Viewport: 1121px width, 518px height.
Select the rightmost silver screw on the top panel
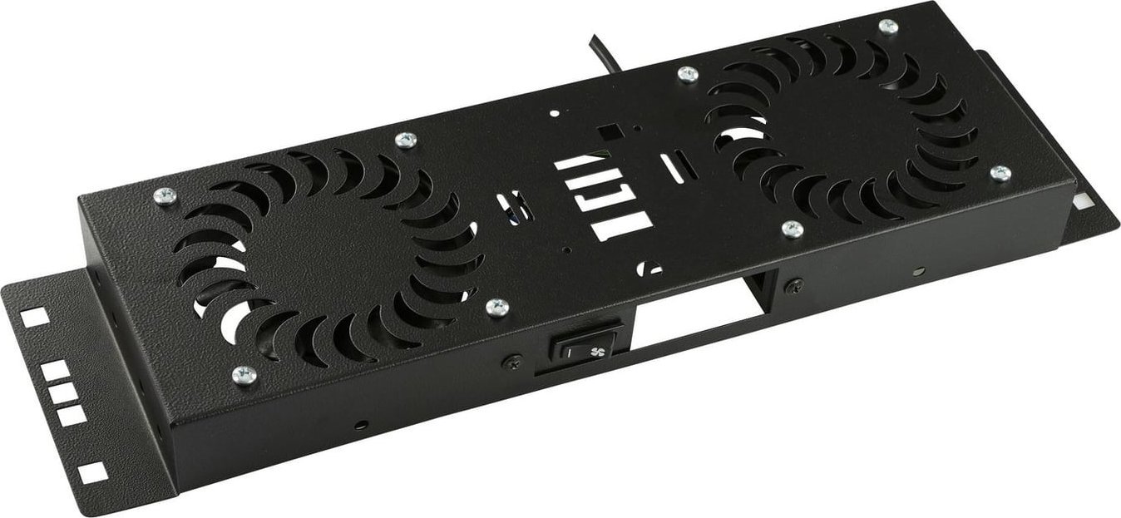pyautogui.click(x=1001, y=173)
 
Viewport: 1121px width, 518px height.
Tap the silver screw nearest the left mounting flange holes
pyautogui.click(x=242, y=374)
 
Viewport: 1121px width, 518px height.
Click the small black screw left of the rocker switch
pyautogui.click(x=513, y=361)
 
